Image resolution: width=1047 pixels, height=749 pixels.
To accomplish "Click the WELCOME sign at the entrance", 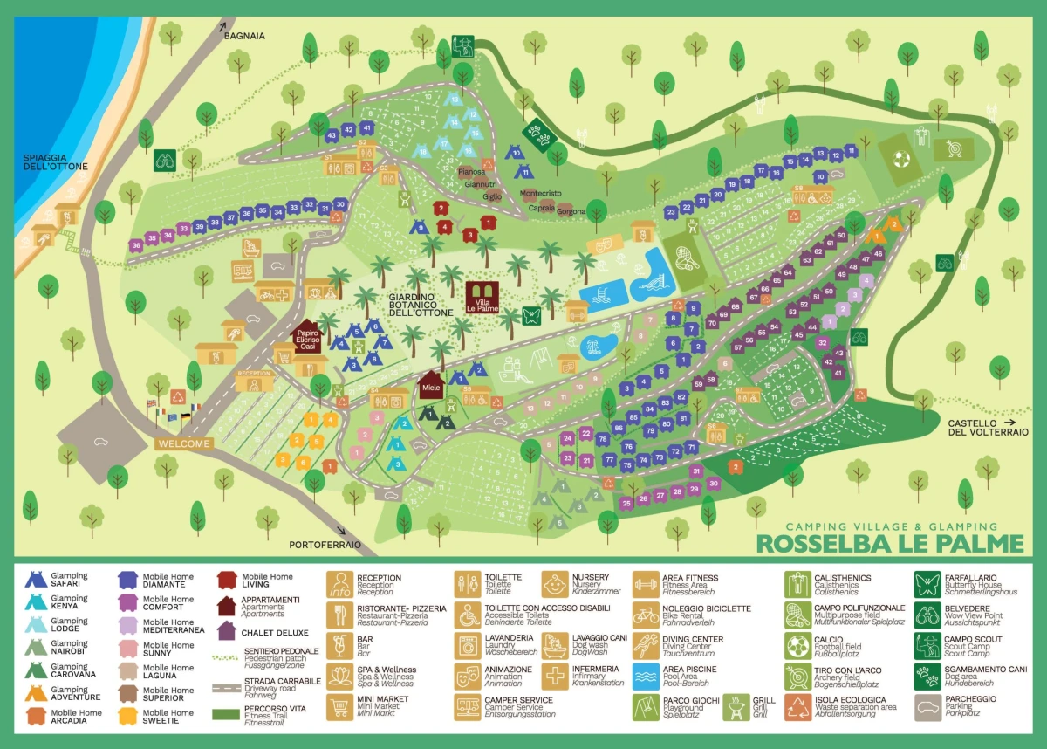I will pyautogui.click(x=184, y=443).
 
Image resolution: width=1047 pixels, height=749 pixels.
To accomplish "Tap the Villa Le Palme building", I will pyautogui.click(x=482, y=297).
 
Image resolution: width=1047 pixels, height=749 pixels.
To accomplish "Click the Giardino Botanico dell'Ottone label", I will pyautogui.click(x=421, y=305).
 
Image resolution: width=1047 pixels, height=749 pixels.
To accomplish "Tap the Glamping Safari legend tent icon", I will pyautogui.click(x=36, y=580).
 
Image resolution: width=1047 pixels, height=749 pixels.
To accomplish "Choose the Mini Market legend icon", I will pyautogui.click(x=339, y=706).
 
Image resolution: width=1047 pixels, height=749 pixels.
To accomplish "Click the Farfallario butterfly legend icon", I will pyautogui.click(x=926, y=584).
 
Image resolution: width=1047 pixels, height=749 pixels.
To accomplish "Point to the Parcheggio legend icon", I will pyautogui.click(x=926, y=706).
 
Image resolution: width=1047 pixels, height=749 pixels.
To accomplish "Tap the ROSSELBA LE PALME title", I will pyautogui.click(x=889, y=543).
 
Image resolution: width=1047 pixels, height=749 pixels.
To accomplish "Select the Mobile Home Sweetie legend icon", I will pyautogui.click(x=130, y=716).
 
